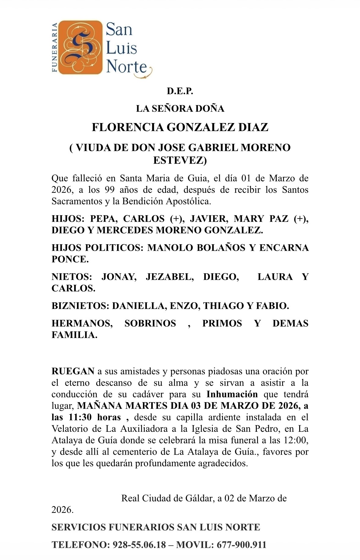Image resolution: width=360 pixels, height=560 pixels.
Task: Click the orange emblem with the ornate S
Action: point(80,47)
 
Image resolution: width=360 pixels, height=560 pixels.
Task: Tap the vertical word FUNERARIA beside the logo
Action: point(55,47)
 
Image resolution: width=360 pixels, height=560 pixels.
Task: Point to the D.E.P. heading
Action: point(180,91)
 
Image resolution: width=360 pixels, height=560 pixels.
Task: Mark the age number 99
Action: point(110,190)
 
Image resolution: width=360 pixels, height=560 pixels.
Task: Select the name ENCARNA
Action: point(284,248)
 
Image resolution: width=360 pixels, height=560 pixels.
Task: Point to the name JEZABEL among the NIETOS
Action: point(169,277)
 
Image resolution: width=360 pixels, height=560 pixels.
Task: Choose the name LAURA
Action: point(275,277)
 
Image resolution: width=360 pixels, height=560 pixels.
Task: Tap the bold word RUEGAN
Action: point(73,371)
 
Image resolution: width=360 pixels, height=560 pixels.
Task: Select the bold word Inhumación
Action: point(232,395)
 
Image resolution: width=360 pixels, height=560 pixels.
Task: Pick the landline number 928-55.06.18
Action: point(139,545)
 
